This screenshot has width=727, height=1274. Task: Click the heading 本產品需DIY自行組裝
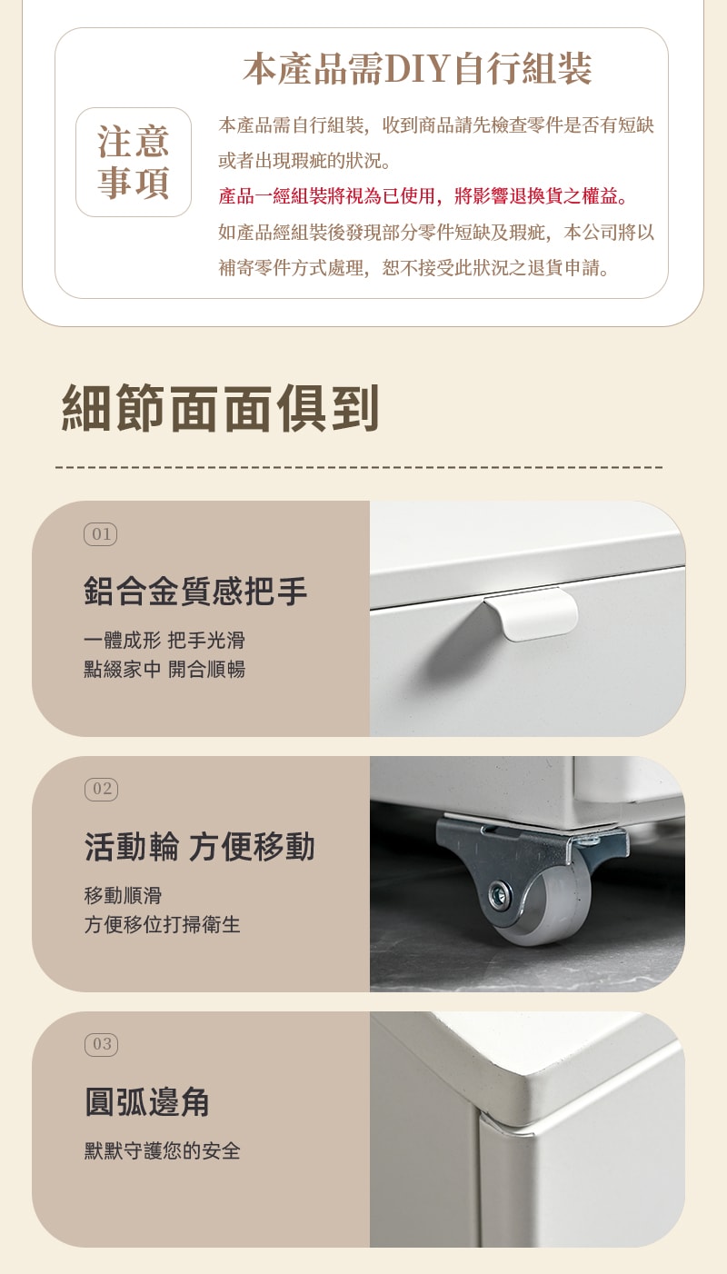(417, 69)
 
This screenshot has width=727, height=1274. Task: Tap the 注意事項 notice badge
(134, 162)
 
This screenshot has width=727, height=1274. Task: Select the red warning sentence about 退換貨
(423, 196)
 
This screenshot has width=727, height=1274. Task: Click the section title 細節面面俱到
(220, 408)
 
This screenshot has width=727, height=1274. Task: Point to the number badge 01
(101, 534)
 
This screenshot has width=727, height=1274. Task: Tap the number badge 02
(101, 789)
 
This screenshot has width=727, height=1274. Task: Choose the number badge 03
(101, 1044)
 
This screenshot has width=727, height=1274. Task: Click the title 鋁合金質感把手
(195, 591)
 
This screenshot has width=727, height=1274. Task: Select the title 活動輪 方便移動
(199, 846)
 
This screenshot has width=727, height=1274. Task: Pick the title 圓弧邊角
(147, 1101)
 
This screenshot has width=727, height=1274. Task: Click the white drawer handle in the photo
(532, 614)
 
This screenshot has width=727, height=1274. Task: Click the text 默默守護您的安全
(162, 1150)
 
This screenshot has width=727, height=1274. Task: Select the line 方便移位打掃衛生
(162, 924)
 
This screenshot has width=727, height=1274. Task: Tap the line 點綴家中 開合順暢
(164, 669)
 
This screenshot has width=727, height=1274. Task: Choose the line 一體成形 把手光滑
(164, 640)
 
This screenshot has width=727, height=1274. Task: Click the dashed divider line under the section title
(360, 467)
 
